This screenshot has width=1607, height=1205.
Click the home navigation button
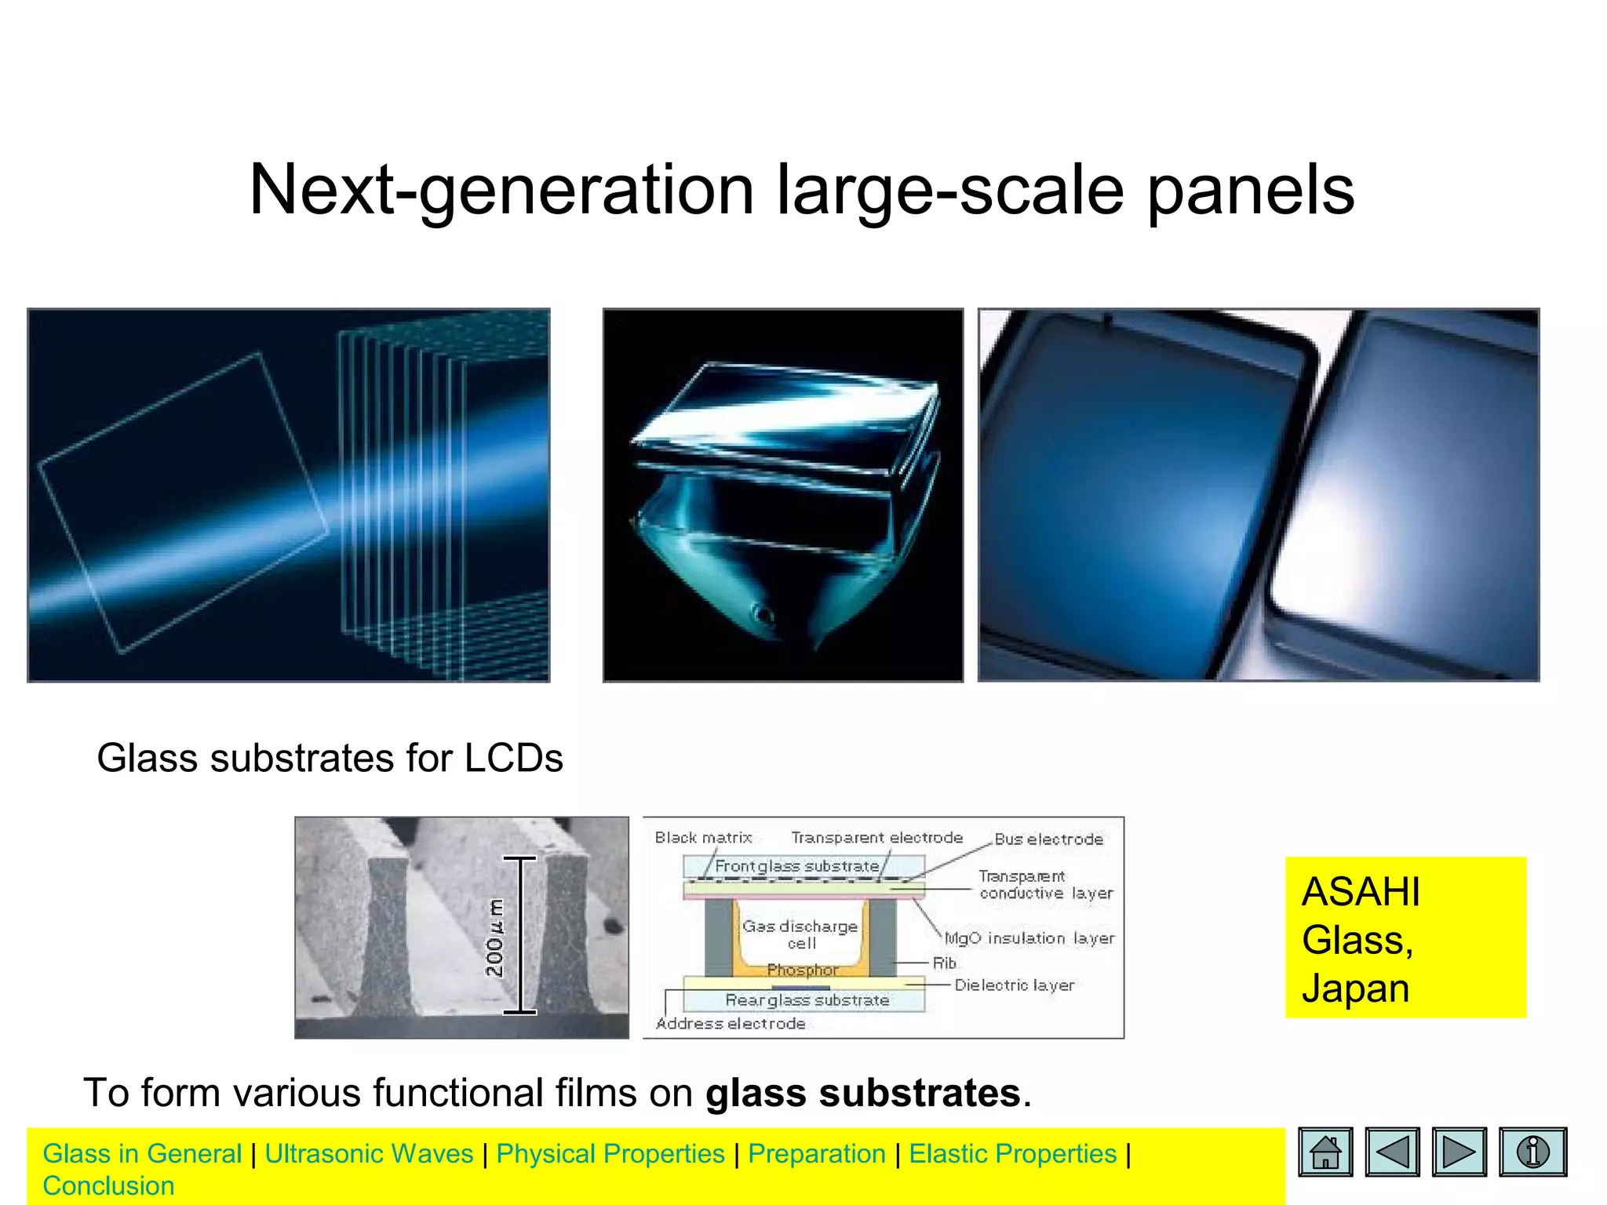pos(1325,1152)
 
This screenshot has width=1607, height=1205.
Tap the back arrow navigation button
pos(1392,1152)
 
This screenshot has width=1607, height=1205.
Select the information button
pos(1532,1152)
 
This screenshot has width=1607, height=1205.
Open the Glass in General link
pos(142,1154)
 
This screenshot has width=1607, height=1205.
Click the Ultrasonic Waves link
pos(369,1154)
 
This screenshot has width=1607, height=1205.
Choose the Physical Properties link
pos(610,1154)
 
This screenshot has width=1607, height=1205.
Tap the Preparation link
pos(817,1154)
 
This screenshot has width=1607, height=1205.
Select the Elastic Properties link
pos(1012,1154)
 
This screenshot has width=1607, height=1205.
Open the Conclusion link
pos(108,1186)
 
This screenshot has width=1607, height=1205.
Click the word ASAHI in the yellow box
pos(1361,892)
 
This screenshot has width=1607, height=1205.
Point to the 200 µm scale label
pos(495,938)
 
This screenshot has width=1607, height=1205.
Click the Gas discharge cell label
pos(800,934)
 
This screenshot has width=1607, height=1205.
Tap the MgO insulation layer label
pos(1029,938)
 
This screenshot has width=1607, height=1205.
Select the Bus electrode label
pos(1048,839)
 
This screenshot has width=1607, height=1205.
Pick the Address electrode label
pos(731,1024)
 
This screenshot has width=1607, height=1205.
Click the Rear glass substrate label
pos(807,1000)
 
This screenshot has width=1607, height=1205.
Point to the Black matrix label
pos(703,838)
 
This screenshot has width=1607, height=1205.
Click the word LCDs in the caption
pos(514,759)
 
